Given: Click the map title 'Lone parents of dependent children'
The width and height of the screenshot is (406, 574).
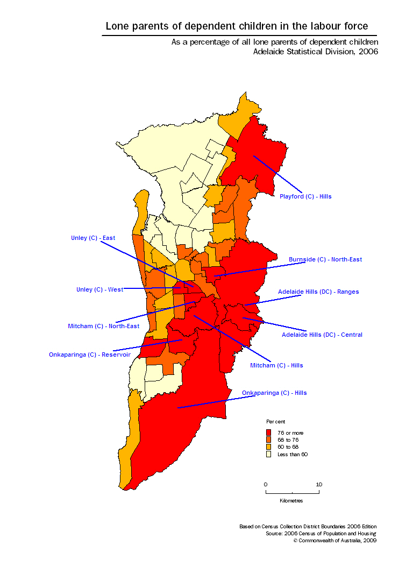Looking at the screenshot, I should point(237,26).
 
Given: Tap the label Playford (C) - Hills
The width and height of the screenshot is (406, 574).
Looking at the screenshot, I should point(305,196).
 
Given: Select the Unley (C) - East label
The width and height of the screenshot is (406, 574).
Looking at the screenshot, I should point(93,238).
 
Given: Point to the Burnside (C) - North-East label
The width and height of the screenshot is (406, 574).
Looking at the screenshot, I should point(325,259).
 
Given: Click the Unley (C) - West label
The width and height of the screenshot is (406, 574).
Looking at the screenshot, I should point(99,289).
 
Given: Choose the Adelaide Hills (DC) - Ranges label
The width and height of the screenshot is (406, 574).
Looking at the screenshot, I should point(318,292).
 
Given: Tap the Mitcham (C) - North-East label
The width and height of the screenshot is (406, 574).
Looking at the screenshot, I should point(103,326).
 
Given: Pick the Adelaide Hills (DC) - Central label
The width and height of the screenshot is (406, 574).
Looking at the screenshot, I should point(322,335).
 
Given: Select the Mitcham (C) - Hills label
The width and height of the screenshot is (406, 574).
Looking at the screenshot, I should point(276,365).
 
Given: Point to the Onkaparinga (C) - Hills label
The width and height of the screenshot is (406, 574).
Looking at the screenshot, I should point(274,393).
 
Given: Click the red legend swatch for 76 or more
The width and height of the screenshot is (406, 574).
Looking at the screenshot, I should point(269,433).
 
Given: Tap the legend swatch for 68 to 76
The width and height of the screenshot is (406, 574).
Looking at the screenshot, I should point(269,440).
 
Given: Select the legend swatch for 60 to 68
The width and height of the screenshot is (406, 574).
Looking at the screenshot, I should point(269,447).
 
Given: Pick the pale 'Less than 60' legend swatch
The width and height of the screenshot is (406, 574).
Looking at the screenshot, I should point(269,455).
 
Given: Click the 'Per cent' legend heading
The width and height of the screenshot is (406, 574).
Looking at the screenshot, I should point(275,421).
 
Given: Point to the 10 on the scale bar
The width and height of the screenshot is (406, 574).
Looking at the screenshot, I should point(319,484).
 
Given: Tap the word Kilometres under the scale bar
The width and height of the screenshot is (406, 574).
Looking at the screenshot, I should point(291,501).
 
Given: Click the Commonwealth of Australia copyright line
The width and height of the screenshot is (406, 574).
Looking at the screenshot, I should point(334,540).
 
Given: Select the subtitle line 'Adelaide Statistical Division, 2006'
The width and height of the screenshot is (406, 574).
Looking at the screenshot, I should point(316,52).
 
